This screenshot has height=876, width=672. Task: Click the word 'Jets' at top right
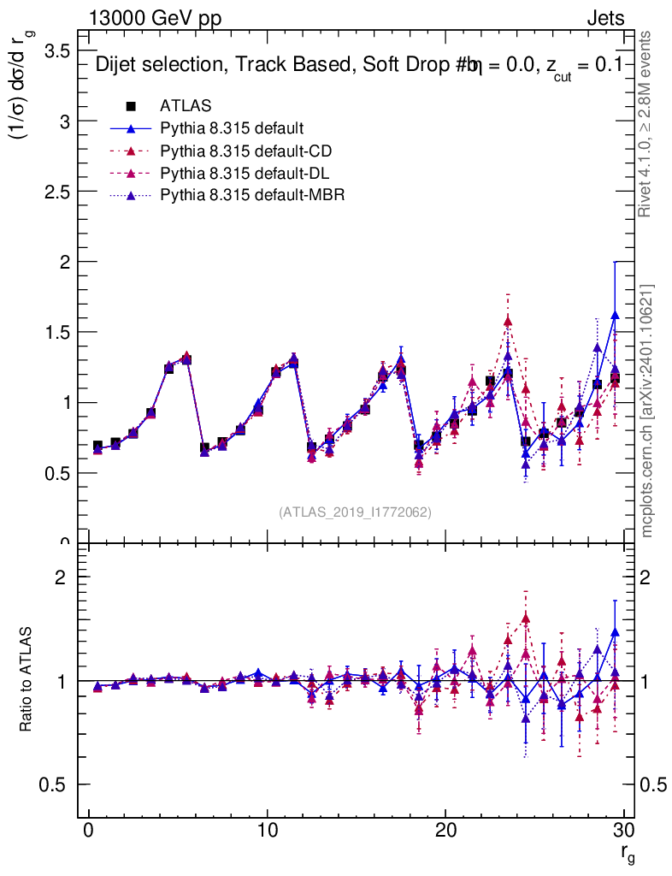pyautogui.click(x=604, y=18)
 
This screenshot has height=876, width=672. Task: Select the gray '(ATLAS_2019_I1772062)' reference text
pyautogui.click(x=355, y=512)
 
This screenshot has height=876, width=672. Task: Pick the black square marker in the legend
pyautogui.click(x=131, y=106)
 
